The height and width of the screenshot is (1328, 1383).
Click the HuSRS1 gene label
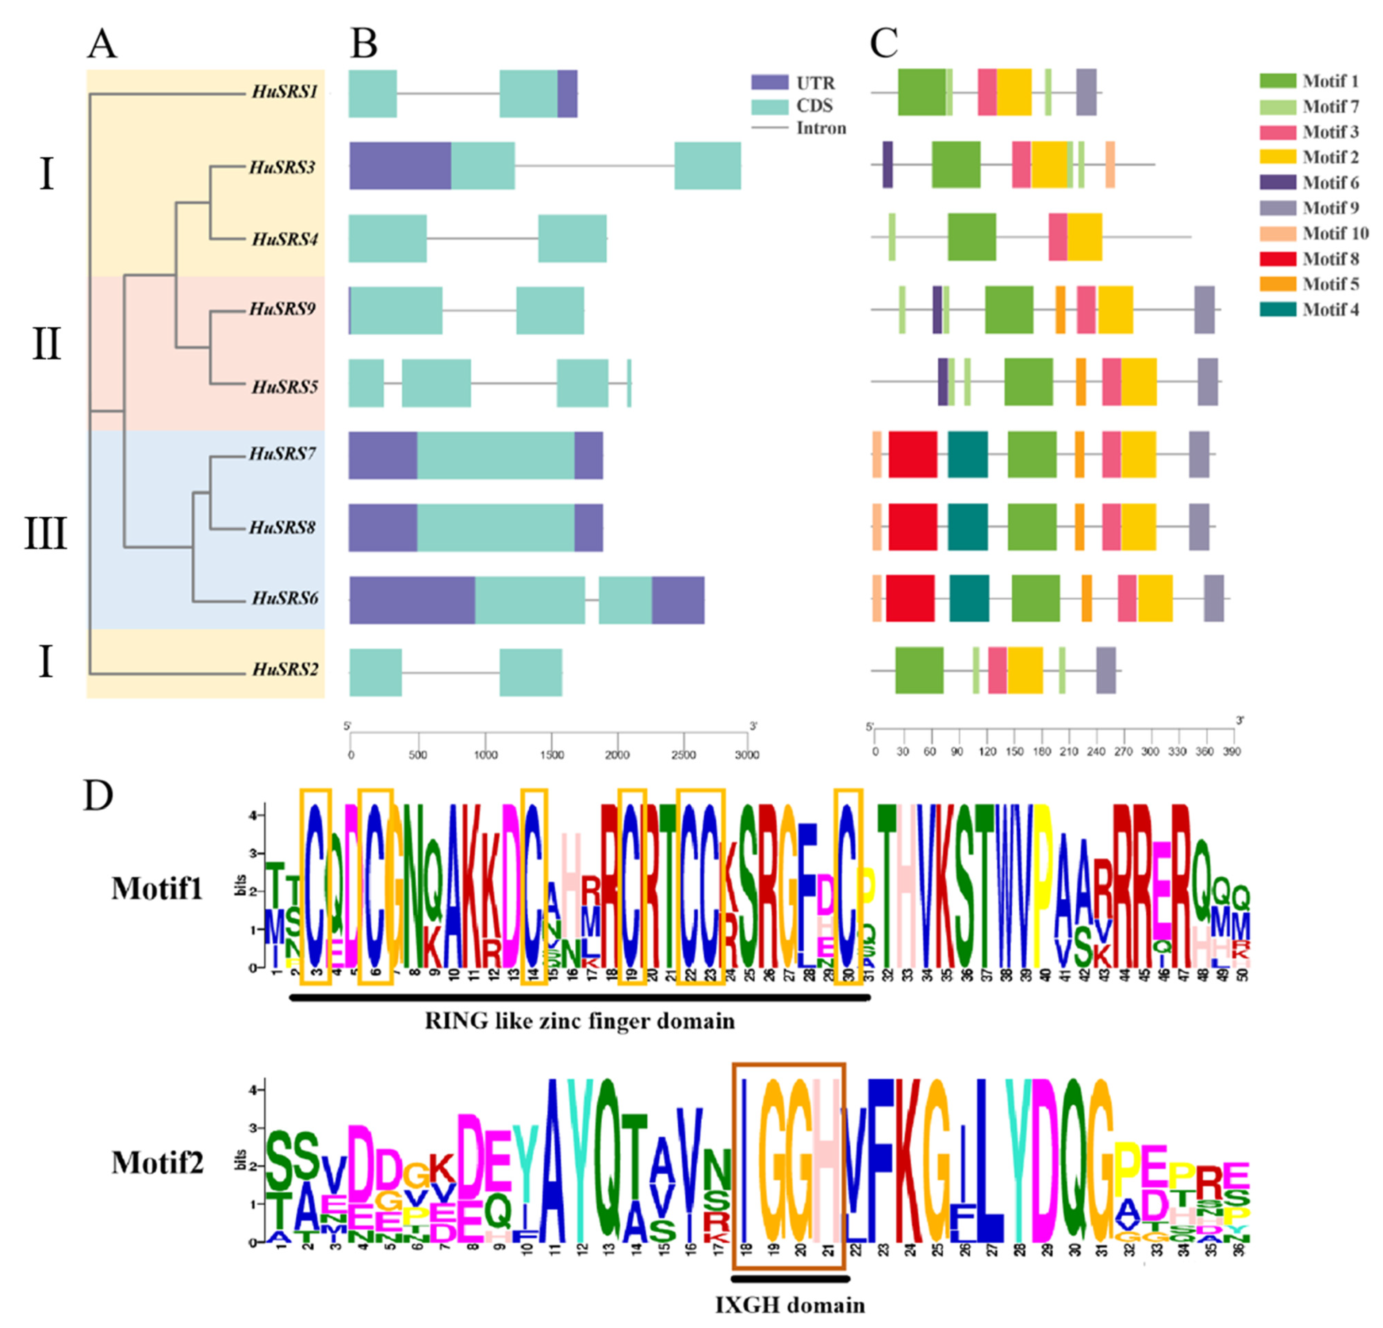[284, 92]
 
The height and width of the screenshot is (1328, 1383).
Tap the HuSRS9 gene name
[282, 309]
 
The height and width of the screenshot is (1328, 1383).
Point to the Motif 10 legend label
[1335, 233]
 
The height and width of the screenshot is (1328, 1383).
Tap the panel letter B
[364, 45]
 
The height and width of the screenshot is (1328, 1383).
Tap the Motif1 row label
[157, 889]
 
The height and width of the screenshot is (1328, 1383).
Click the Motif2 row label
[157, 1162]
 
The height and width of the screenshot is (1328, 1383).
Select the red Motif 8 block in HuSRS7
[912, 455]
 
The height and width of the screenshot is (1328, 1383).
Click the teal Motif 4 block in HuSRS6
[969, 598]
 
